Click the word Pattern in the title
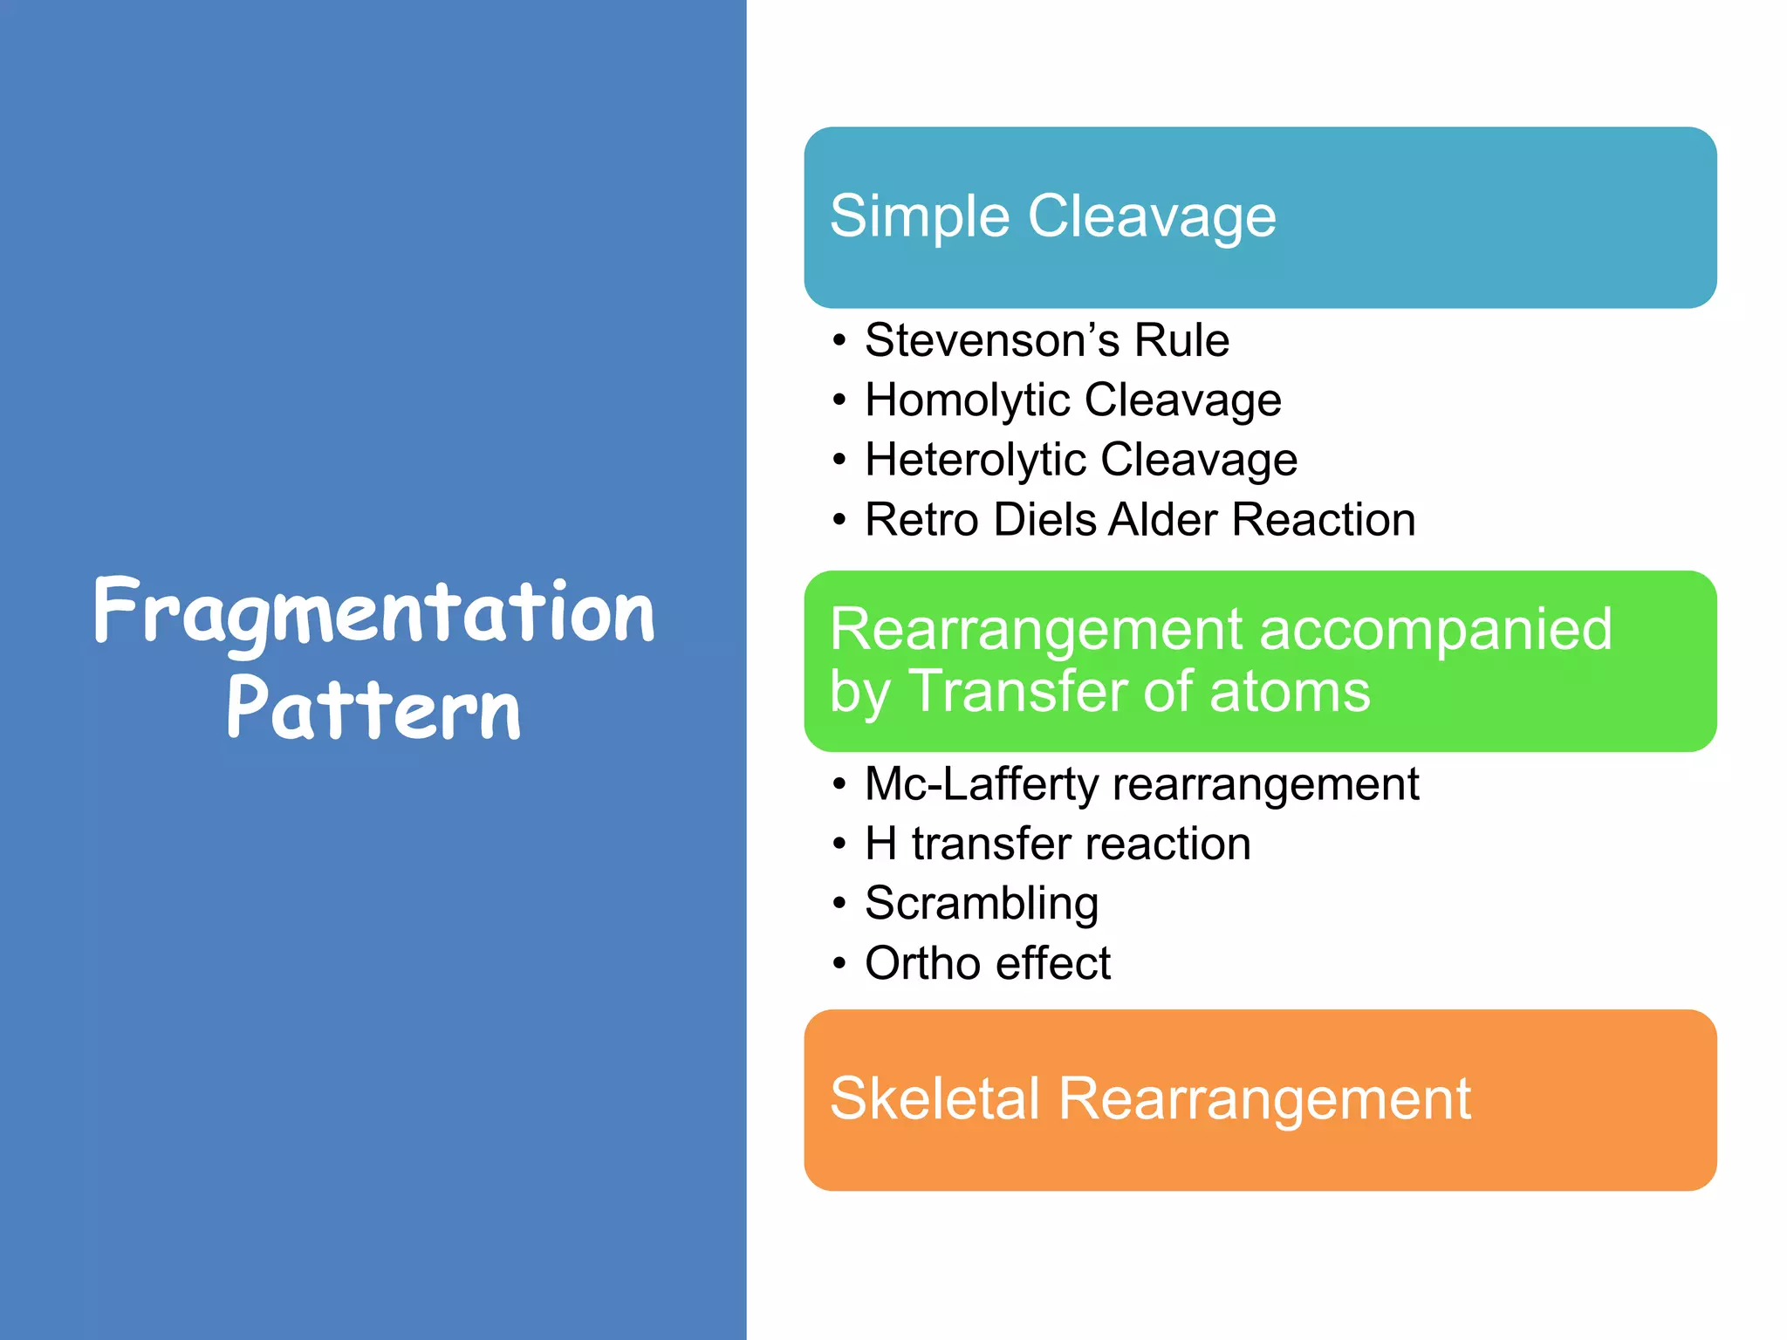(373, 708)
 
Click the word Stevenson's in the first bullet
(992, 340)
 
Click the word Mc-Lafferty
(982, 784)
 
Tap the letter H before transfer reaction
(880, 844)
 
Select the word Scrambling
(982, 904)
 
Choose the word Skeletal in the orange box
(935, 1099)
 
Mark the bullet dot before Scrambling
(839, 904)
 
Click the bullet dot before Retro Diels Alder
(839, 521)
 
